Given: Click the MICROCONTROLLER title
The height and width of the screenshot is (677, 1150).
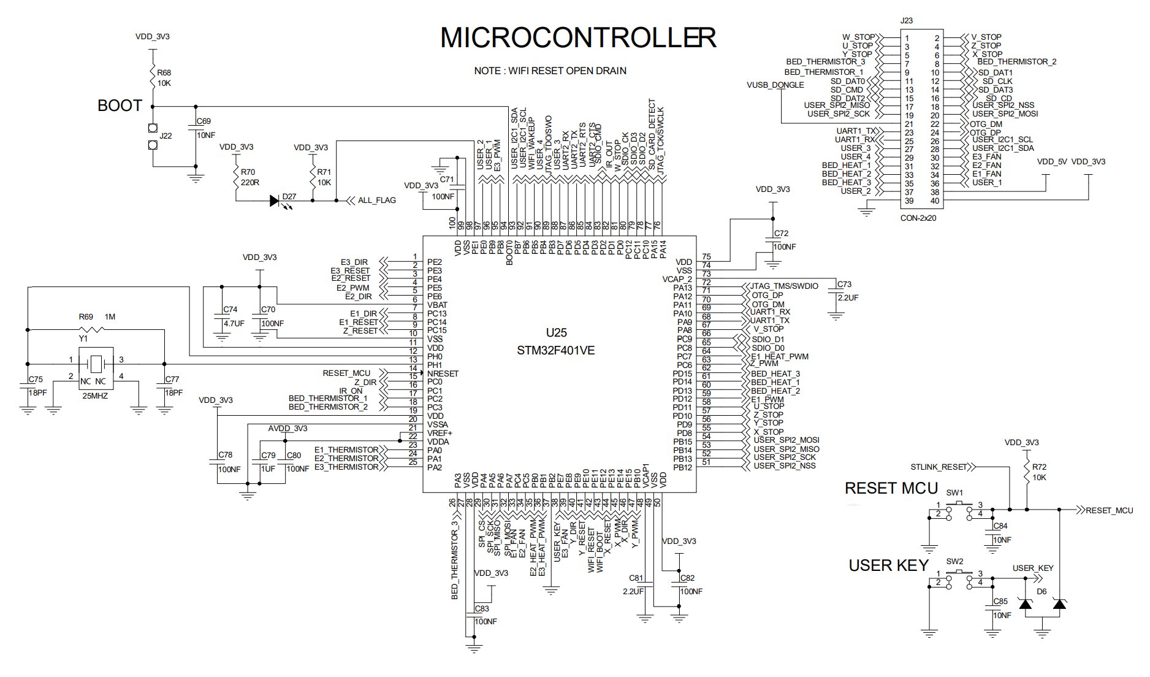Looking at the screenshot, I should coord(577,37).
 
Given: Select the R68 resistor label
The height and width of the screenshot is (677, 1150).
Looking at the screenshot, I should coord(164,72).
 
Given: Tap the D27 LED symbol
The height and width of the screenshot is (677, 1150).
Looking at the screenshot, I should coord(275,201).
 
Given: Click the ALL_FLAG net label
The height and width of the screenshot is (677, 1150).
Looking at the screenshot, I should coord(376,201).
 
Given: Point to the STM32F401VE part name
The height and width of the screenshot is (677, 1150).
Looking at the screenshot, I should coord(555,351).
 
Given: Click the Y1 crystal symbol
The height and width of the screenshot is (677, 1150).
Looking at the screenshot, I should coord(96,364).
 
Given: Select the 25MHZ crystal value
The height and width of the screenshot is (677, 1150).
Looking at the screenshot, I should coord(95,396).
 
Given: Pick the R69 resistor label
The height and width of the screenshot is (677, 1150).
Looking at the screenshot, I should coord(86,317).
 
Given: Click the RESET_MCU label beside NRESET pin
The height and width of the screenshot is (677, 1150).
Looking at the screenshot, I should coord(346,373).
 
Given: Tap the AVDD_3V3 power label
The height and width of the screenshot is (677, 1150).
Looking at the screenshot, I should coord(287,429).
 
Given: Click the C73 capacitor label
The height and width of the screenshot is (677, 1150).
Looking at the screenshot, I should coord(844,285).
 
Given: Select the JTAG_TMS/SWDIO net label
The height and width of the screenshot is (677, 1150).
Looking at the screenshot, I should coord(784,286).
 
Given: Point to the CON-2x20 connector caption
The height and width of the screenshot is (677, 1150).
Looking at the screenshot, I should coord(918,218).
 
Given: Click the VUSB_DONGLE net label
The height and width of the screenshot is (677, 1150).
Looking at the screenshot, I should coord(775,85).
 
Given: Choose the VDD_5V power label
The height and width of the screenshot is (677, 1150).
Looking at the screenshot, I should coord(1051,162).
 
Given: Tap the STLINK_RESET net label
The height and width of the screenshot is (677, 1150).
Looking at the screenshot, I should coord(939,467).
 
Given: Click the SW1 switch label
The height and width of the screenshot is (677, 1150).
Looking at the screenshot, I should coord(954,492).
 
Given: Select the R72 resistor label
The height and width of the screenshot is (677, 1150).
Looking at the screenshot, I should coord(1039,467).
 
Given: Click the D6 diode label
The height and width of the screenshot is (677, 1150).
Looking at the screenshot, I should coord(1041,592).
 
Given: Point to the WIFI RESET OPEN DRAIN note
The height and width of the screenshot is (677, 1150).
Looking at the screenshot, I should coord(550,71).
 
